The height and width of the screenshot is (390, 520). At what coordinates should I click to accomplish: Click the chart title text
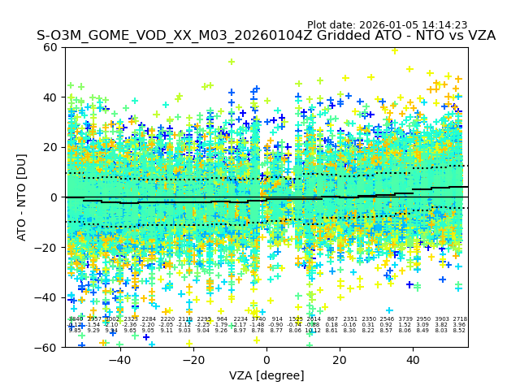[x=266, y=37]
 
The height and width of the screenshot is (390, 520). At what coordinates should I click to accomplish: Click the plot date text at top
[x=387, y=25]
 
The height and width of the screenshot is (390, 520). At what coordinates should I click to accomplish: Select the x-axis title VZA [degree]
[x=266, y=375]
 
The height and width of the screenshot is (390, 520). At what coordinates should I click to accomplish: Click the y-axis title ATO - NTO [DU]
[x=23, y=197]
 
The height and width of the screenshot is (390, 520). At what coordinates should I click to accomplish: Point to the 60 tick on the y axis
[x=50, y=47]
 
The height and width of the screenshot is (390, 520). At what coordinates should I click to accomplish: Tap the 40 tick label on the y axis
[x=50, y=97]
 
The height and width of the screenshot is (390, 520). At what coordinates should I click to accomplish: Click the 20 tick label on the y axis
[x=50, y=147]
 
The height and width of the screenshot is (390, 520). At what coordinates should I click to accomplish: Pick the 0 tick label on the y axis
[x=54, y=197]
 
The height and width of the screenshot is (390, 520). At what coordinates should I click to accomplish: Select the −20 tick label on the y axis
[x=47, y=248]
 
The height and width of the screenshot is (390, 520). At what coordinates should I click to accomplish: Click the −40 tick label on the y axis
[x=47, y=297]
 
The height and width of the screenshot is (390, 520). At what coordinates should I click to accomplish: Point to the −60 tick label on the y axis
[x=47, y=348]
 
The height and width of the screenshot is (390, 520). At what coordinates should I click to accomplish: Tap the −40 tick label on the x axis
[x=119, y=360]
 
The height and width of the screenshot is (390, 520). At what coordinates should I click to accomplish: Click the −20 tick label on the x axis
[x=192, y=360]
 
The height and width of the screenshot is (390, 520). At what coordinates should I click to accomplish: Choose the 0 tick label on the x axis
[x=266, y=360]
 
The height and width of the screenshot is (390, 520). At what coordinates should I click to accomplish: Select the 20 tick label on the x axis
[x=339, y=360]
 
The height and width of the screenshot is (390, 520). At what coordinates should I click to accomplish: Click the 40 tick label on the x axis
[x=413, y=360]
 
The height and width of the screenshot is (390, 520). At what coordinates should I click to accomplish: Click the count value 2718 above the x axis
[x=460, y=320]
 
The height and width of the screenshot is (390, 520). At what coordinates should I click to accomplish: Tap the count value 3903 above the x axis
[x=441, y=320]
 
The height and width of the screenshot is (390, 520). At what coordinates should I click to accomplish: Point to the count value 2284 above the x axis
[x=149, y=320]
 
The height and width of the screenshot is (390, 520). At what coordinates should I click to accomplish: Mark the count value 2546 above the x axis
[x=386, y=320]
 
